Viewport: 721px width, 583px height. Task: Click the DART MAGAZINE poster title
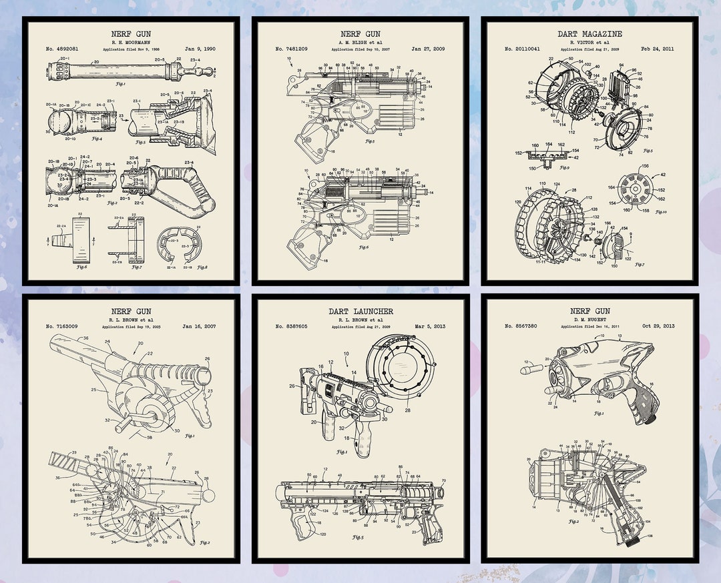(589, 33)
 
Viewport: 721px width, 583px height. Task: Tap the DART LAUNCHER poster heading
(360, 311)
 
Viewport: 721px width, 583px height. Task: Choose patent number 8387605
(292, 326)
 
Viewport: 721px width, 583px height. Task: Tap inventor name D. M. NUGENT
(589, 319)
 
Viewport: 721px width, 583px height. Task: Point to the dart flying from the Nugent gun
(531, 366)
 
